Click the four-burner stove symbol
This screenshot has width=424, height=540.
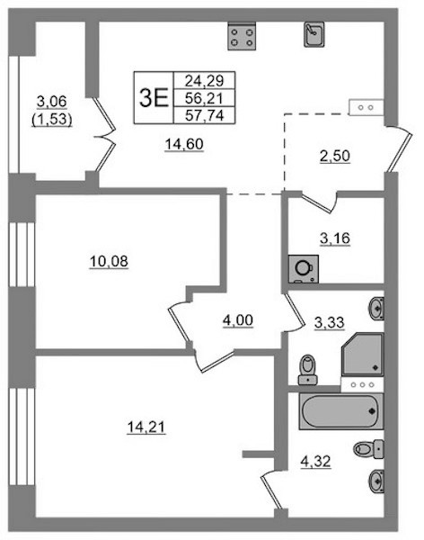(x=242, y=37)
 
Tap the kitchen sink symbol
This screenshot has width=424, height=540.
(x=314, y=34)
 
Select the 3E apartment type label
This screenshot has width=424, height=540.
(x=154, y=97)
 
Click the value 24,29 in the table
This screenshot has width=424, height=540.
(x=204, y=81)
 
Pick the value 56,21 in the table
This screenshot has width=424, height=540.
(x=204, y=98)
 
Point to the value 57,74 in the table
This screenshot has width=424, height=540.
(x=204, y=115)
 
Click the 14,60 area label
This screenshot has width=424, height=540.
(x=184, y=144)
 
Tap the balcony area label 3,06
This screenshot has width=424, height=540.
(x=51, y=102)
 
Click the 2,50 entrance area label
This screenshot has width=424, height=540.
(x=334, y=156)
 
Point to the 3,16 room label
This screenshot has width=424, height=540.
(x=334, y=238)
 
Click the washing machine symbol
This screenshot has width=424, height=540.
(x=304, y=269)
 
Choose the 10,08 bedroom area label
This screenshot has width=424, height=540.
(x=109, y=262)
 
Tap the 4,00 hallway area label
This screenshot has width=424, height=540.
(x=238, y=320)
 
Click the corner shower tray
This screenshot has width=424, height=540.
(x=362, y=354)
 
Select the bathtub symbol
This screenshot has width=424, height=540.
(x=341, y=411)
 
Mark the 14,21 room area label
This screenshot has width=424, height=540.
(x=146, y=427)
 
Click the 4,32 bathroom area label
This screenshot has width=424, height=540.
(x=315, y=461)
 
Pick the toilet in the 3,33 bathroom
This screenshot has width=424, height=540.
(x=308, y=370)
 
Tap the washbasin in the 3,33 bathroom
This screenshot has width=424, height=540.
(x=376, y=309)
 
